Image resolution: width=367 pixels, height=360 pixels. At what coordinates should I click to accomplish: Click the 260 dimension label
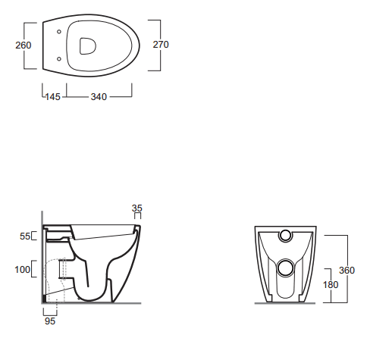[x=24, y=45]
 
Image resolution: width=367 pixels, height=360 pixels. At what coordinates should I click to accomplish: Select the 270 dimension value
[x=161, y=45]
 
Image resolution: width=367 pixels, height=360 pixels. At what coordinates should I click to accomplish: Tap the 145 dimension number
[x=53, y=97]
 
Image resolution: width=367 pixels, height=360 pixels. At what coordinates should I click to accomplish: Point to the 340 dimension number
[x=99, y=97]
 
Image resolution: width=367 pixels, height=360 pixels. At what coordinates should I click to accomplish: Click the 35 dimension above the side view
[x=137, y=208]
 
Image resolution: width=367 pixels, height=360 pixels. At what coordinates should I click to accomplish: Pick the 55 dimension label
[x=25, y=236]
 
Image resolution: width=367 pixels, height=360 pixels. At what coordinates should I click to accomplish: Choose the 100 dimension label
[x=23, y=270]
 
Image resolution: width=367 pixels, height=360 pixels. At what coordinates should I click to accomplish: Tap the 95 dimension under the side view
[x=50, y=321]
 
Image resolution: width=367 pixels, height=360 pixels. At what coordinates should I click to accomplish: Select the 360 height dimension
[x=347, y=271]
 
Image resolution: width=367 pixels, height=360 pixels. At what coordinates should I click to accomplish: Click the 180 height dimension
[x=331, y=285]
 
